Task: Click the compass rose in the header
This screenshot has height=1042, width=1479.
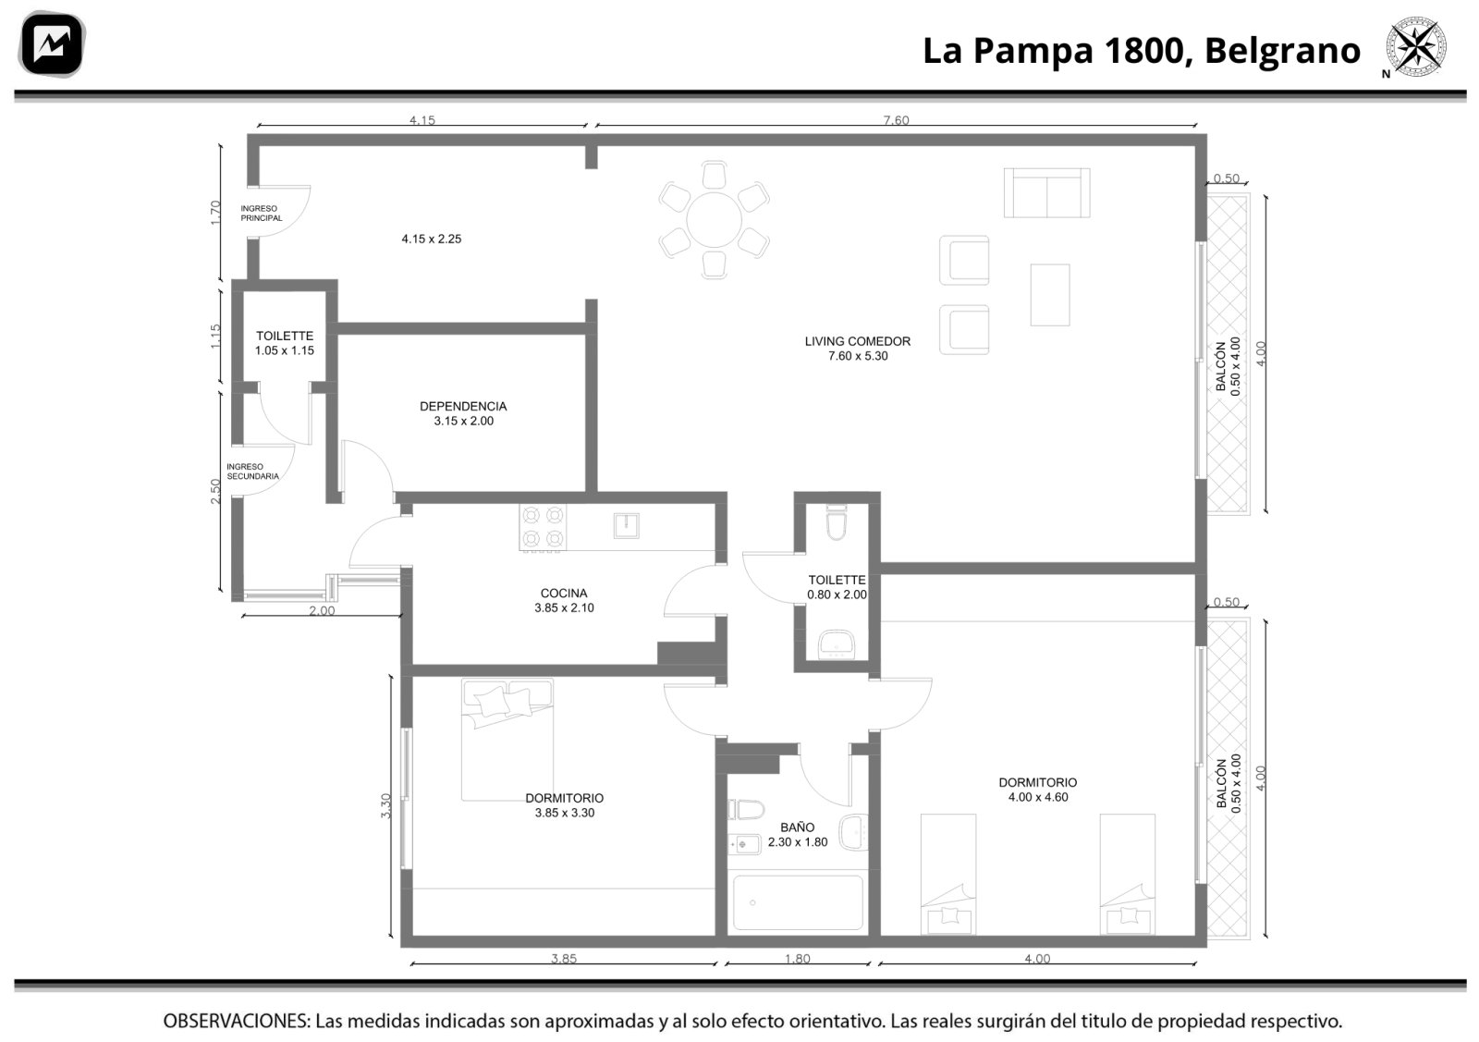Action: click(x=1415, y=47)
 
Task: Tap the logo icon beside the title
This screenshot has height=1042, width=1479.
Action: click(x=52, y=44)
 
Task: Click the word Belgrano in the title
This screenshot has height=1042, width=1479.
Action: click(x=1282, y=51)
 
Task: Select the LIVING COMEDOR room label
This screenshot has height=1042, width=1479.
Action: click(x=857, y=341)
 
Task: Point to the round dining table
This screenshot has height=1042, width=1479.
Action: click(x=714, y=219)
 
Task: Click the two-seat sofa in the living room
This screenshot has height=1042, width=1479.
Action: click(x=1046, y=193)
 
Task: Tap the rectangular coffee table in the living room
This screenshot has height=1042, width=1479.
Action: click(x=1050, y=295)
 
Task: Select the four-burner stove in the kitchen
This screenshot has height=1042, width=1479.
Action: click(x=542, y=527)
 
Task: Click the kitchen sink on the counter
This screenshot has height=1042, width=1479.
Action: click(x=626, y=525)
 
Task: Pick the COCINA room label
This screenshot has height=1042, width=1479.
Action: click(x=563, y=593)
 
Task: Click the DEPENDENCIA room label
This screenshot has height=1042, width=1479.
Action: click(x=463, y=406)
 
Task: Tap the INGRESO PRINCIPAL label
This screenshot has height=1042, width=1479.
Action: click(x=261, y=214)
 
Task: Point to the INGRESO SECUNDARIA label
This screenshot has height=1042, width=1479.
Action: click(x=252, y=472)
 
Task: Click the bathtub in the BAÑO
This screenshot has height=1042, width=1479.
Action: click(x=798, y=902)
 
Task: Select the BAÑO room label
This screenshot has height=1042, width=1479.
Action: click(x=797, y=827)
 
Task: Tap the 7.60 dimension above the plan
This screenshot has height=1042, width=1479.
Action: click(x=896, y=119)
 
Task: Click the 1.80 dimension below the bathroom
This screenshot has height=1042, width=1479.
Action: click(x=797, y=958)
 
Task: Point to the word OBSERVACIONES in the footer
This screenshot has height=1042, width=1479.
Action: click(x=237, y=1021)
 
